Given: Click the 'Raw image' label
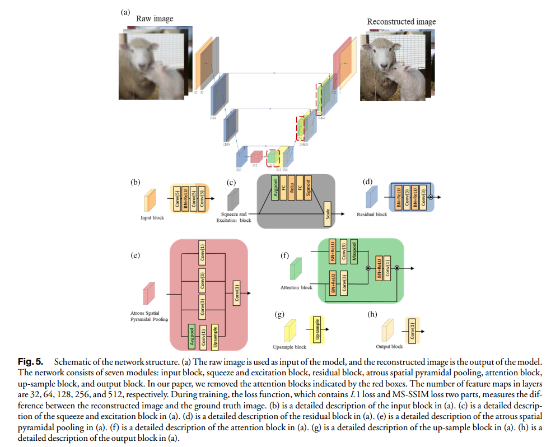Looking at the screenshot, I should tap(155, 18).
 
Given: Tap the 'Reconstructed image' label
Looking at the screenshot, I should tap(401, 22).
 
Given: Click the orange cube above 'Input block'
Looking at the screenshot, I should tap(150, 199).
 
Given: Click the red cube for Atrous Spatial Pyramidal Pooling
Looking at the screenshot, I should tap(149, 293).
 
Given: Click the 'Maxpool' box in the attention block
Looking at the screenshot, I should tap(354, 254).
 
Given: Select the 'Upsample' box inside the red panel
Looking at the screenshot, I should tap(214, 336).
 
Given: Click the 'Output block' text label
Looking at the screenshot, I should tap(389, 347).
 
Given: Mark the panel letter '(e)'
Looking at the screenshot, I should tap(135, 255).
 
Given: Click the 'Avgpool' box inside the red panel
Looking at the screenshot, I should tap(191, 336).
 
